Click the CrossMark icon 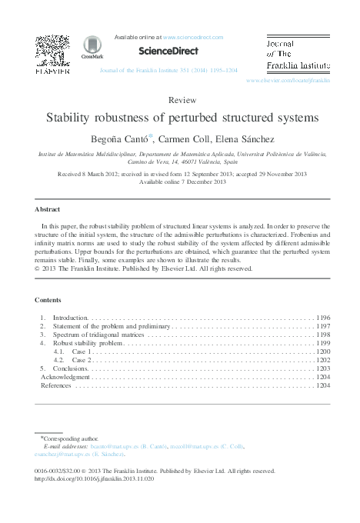[x=92, y=47]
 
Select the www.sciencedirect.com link [x=193, y=37]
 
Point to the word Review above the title [x=180, y=101]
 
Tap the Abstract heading [x=48, y=209]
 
